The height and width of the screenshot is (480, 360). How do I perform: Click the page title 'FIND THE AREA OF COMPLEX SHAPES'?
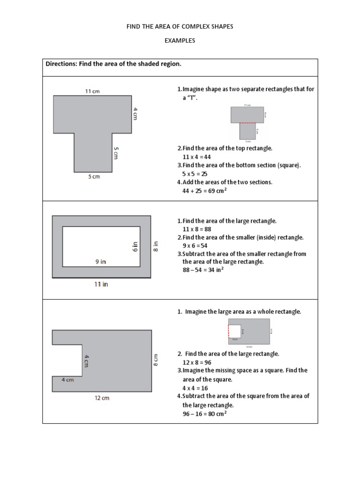[x=180, y=27]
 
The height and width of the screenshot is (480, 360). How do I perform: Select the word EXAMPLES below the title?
[x=180, y=41]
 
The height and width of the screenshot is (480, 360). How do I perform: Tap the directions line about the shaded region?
[x=113, y=64]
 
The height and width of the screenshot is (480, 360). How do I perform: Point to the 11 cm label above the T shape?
[x=92, y=91]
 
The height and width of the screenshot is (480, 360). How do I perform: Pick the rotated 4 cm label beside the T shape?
[x=135, y=113]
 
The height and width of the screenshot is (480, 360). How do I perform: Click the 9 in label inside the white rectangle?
[x=100, y=262]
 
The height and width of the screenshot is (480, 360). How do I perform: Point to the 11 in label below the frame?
[x=101, y=284]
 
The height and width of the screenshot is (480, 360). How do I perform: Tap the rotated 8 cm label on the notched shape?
[x=157, y=360]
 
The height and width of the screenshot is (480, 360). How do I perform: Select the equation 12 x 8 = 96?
[x=197, y=362]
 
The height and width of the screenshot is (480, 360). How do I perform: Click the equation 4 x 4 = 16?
[x=195, y=388]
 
